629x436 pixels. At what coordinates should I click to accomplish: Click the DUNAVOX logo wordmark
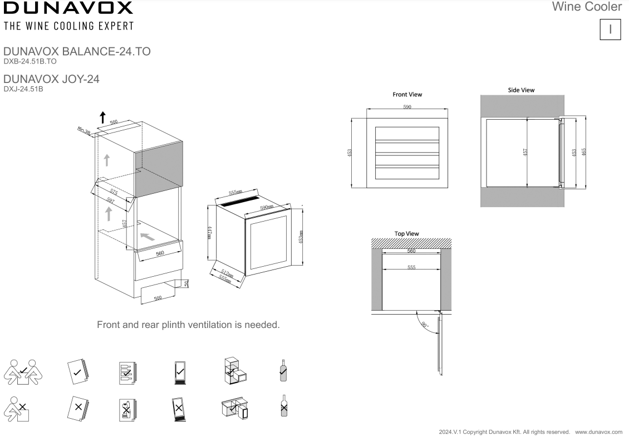[x=68, y=8]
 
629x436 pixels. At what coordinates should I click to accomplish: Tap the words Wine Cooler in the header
[x=587, y=7]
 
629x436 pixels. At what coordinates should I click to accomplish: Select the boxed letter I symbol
[x=611, y=30]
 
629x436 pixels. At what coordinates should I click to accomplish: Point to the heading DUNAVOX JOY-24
[x=51, y=79]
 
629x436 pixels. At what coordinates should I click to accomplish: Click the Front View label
[x=407, y=95]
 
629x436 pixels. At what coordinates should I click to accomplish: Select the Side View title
[x=521, y=90]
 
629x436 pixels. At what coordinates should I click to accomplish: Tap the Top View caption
[x=406, y=234]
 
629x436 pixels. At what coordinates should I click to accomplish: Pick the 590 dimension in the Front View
[x=407, y=107]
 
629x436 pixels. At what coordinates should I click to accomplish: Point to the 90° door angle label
[x=426, y=325]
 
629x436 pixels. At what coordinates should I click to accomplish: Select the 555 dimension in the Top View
[x=411, y=268]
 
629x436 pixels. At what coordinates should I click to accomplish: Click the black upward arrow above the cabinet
[x=102, y=117]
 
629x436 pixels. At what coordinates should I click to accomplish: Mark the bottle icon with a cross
[x=284, y=406]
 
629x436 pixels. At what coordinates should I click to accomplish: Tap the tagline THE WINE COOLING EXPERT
[x=68, y=26]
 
